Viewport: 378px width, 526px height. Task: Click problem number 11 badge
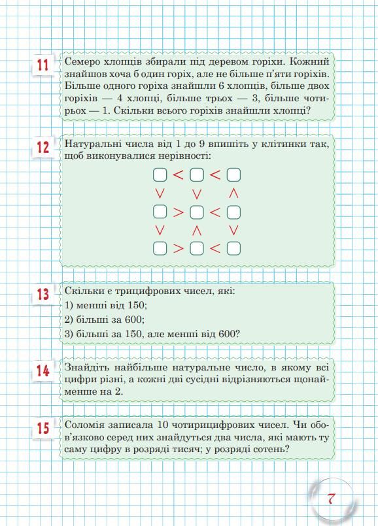[x=43, y=66]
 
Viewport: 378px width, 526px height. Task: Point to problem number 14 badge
[x=43, y=371]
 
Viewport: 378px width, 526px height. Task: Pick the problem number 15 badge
[x=43, y=429]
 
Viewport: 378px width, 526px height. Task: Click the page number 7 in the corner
[x=331, y=499]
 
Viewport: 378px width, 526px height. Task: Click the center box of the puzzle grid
[x=197, y=212]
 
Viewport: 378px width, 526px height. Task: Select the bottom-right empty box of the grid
[x=233, y=248]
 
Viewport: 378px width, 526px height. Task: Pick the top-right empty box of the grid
[x=233, y=175]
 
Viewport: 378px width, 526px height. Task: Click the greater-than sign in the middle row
[x=178, y=212]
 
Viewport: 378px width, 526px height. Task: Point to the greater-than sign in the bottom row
[x=178, y=248]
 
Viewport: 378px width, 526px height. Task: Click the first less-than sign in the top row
[x=178, y=175]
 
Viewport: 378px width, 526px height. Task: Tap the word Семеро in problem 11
[x=82, y=61]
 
